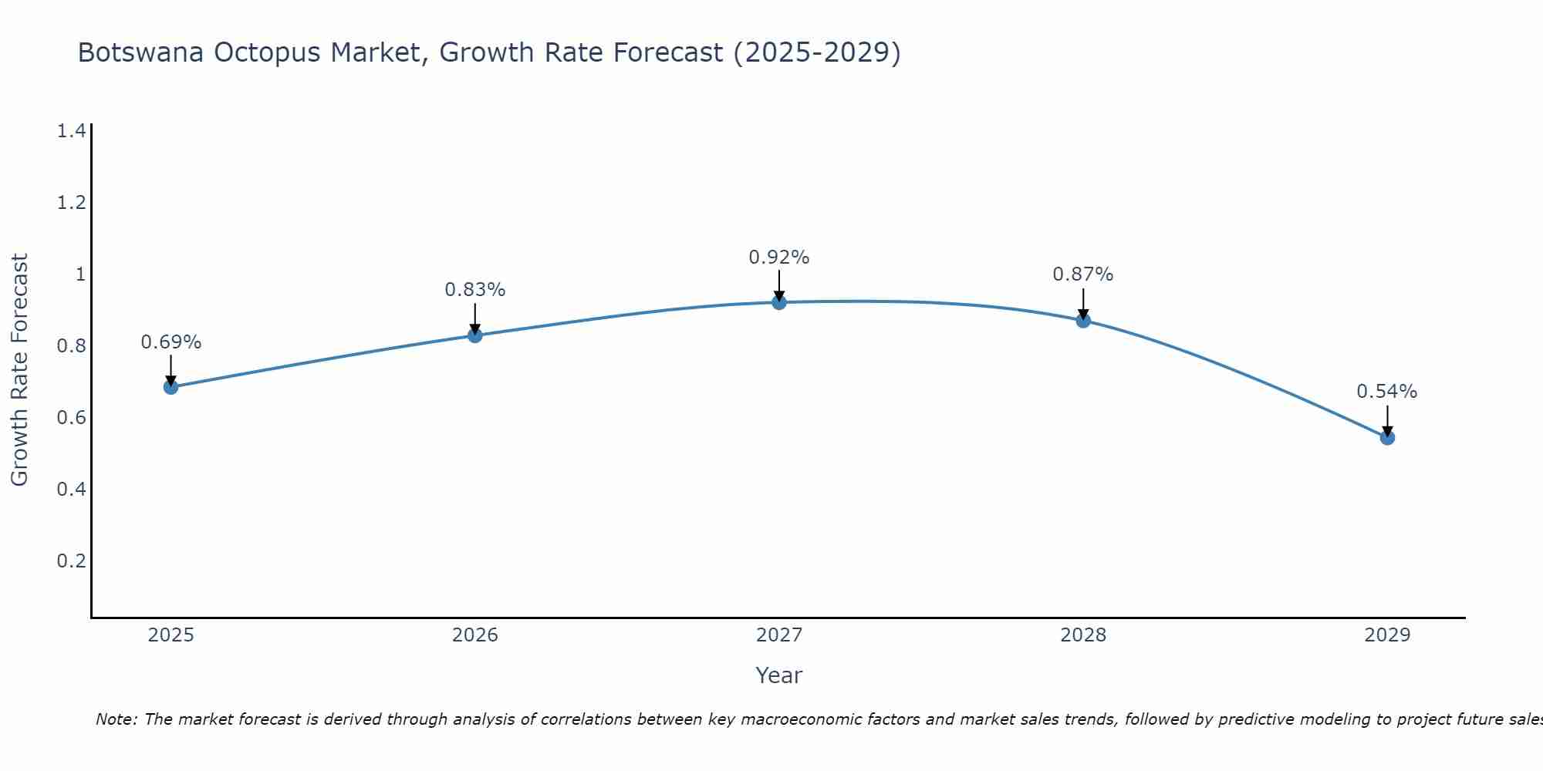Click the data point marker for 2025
(171, 387)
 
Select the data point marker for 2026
(475, 335)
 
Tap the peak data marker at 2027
(779, 302)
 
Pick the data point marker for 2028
(1083, 321)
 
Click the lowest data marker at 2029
(1387, 438)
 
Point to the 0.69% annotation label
(171, 342)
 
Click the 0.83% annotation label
(475, 290)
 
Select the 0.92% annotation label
(779, 258)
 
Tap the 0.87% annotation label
(1083, 274)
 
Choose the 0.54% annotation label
(1387, 392)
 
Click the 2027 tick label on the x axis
(779, 635)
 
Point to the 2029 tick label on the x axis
(1387, 635)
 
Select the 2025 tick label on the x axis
(171, 635)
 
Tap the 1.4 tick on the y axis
(71, 131)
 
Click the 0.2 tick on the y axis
(71, 561)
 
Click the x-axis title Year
(779, 675)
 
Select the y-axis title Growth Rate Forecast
(19, 370)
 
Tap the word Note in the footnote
(115, 719)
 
